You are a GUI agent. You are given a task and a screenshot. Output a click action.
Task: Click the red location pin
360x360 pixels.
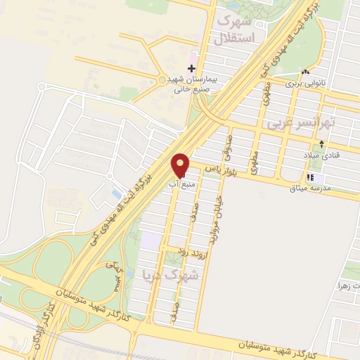click(181, 165)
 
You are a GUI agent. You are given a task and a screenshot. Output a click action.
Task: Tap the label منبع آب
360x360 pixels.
click(178, 184)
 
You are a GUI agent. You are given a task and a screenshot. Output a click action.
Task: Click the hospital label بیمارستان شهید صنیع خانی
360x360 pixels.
click(192, 84)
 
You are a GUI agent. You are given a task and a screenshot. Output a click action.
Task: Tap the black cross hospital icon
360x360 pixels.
click(191, 68)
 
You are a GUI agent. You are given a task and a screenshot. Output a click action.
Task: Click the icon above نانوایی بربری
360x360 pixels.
click(305, 72)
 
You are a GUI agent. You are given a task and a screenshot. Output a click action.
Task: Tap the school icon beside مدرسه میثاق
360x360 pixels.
click(310, 177)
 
